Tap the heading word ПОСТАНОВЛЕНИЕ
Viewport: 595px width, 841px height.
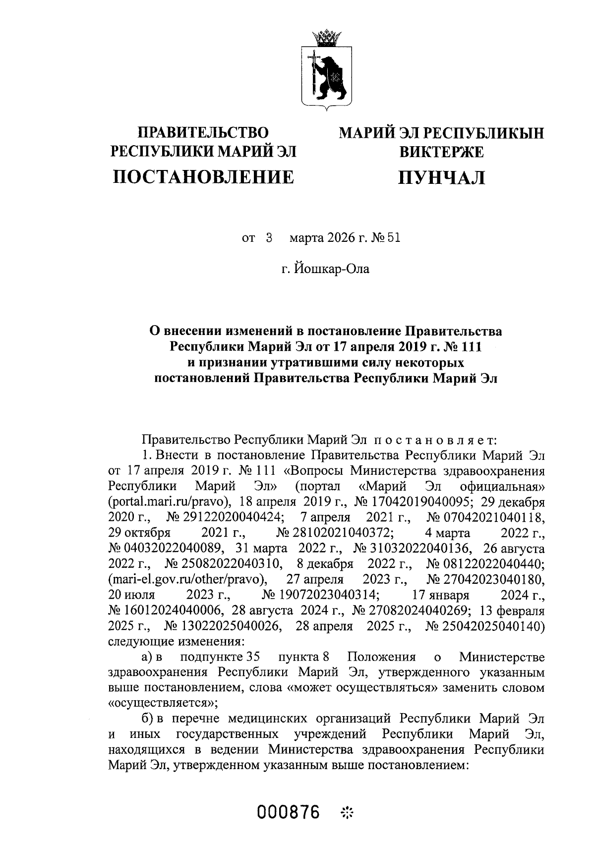click(x=203, y=177)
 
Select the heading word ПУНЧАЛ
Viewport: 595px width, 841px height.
click(x=442, y=177)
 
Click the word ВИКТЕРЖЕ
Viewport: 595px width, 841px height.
click(x=442, y=152)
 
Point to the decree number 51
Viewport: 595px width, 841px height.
click(x=393, y=238)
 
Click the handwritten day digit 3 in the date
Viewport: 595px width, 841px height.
click(x=270, y=238)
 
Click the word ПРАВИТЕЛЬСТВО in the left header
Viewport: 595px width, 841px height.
click(x=203, y=133)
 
